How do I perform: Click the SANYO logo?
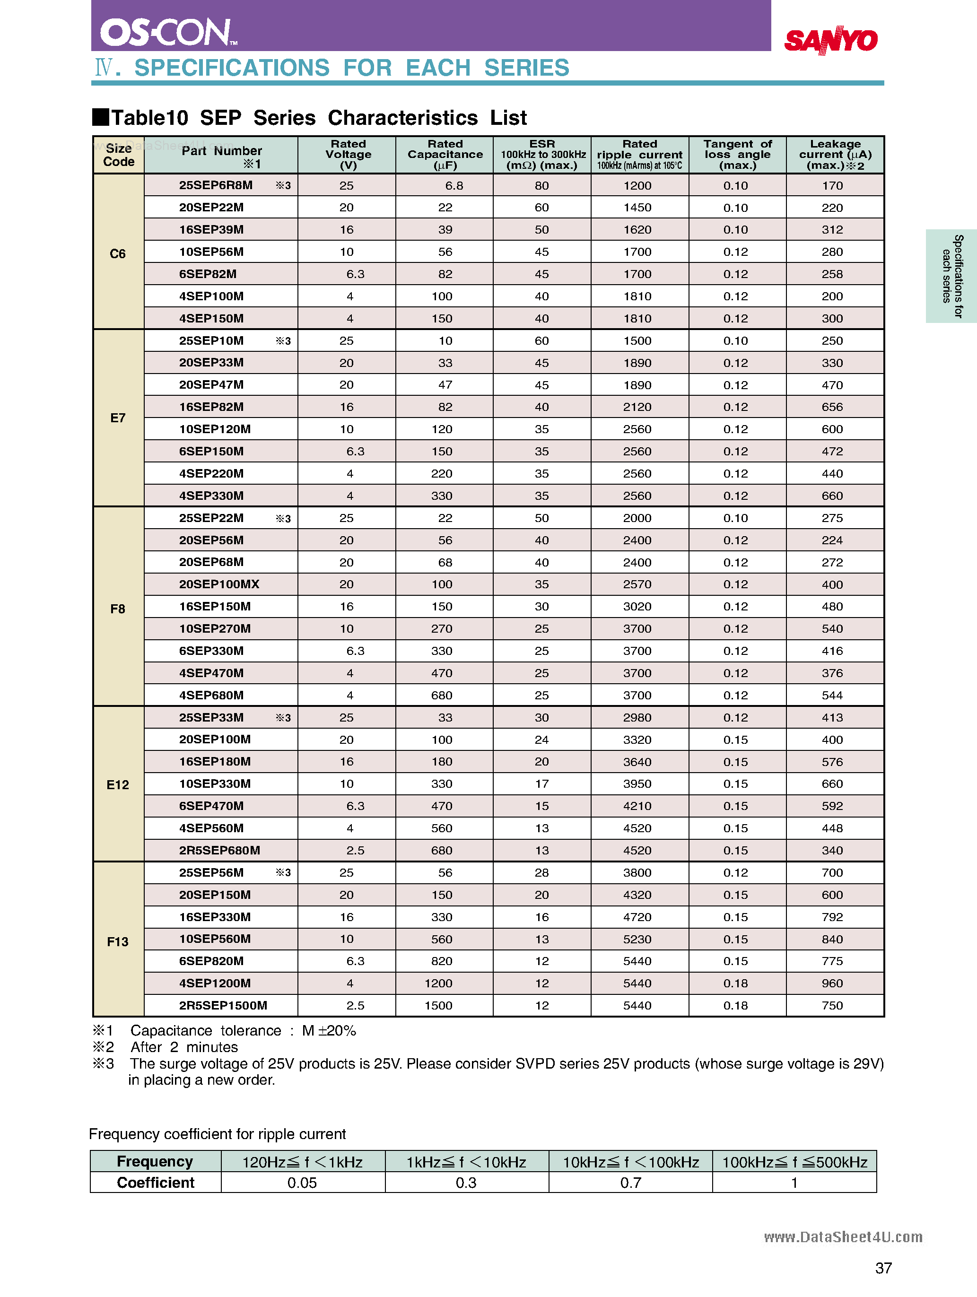830,40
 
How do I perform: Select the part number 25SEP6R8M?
216,185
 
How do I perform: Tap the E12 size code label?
117,784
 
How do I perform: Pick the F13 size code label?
117,942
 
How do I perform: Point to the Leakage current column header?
835,155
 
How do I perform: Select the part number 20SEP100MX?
219,584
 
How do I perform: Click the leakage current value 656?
831,407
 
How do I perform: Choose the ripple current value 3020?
637,606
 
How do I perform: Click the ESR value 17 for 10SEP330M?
541,784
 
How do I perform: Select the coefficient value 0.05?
302,1183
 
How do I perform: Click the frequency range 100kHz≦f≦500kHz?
794,1162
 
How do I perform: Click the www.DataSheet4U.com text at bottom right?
843,1237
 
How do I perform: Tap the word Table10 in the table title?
149,118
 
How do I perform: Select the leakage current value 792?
831,917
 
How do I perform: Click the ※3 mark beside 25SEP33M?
283,718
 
